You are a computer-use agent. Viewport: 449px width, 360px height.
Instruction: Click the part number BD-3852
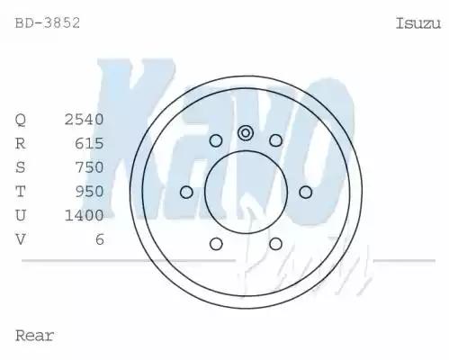(x=48, y=22)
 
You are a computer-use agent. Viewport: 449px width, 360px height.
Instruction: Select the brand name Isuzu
(x=418, y=22)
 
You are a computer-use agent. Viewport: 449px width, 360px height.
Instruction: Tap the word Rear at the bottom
(x=35, y=336)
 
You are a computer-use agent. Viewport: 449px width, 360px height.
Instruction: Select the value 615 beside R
(x=90, y=143)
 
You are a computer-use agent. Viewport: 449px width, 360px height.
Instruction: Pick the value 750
(x=90, y=167)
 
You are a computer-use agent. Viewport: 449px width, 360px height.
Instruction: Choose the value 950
(x=90, y=191)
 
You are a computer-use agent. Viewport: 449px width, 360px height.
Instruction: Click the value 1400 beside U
(x=85, y=215)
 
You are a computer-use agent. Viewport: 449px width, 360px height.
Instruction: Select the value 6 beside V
(x=99, y=238)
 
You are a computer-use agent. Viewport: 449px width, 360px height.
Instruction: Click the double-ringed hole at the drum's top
(x=246, y=133)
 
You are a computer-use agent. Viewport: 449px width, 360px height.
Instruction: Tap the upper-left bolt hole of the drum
(x=216, y=140)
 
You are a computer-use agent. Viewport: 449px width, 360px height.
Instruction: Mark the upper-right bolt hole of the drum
(x=275, y=140)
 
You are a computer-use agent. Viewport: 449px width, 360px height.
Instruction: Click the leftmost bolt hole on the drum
(x=186, y=192)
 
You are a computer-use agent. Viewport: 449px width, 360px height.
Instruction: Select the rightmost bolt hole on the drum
(x=305, y=192)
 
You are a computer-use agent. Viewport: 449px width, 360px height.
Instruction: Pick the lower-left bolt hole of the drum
(x=216, y=243)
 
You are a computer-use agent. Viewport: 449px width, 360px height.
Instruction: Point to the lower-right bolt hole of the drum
(x=275, y=243)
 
